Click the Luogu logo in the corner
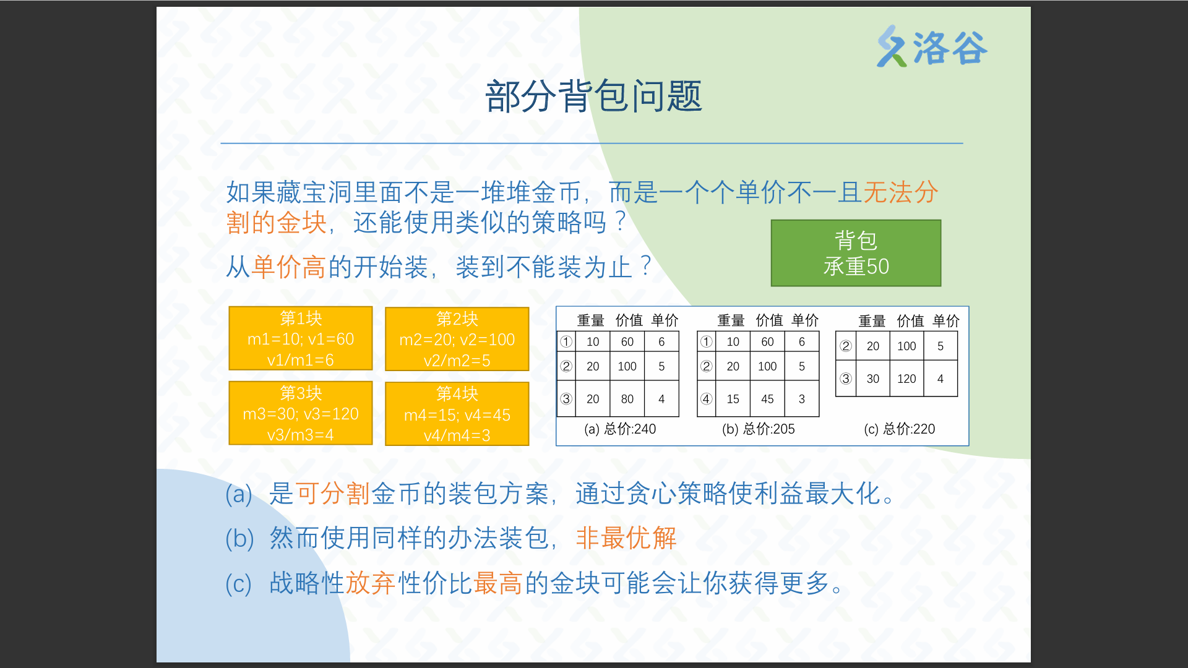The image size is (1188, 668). [x=932, y=46]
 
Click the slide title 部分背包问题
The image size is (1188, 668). [x=593, y=96]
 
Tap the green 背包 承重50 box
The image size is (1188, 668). [x=856, y=253]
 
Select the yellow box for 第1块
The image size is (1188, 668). [x=301, y=338]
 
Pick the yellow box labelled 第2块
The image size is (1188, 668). [x=457, y=339]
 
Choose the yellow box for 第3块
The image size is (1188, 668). [x=301, y=413]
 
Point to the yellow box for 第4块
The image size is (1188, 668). [x=457, y=414]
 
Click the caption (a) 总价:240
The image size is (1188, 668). [x=620, y=429]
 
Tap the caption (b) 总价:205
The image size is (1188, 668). [x=759, y=429]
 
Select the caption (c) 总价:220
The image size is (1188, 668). [x=900, y=429]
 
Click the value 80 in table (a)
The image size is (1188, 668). [x=627, y=399]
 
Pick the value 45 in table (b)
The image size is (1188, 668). [x=767, y=399]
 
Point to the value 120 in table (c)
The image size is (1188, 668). [x=906, y=379]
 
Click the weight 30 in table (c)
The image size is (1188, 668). [x=872, y=379]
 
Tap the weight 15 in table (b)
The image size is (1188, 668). [x=733, y=399]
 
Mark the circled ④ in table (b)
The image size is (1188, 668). [x=706, y=399]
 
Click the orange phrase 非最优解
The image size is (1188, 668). [x=626, y=538]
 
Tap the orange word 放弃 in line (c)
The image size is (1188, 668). [x=371, y=583]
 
